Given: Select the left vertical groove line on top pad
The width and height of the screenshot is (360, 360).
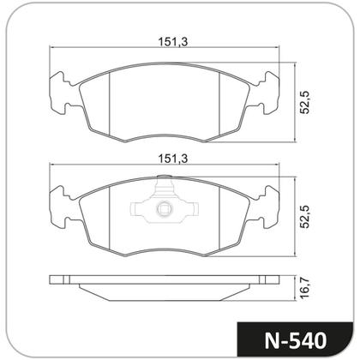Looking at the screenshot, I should pos(114,107).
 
